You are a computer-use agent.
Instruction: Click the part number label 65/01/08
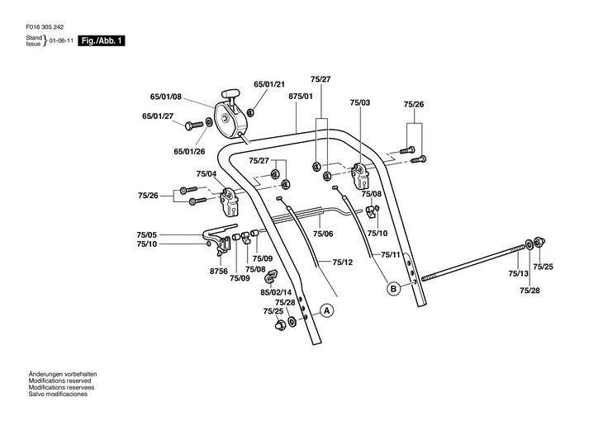166,97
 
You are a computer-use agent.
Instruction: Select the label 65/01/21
268,84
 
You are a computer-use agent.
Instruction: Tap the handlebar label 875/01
301,97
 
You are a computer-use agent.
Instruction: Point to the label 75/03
360,102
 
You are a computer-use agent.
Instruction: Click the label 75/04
207,174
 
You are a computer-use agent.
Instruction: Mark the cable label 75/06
323,234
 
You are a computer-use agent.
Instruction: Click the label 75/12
343,262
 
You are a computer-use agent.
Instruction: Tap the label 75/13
518,273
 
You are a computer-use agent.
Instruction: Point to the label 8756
218,270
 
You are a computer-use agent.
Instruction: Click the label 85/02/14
277,291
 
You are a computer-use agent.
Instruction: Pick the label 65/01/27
158,116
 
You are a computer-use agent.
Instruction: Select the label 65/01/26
189,151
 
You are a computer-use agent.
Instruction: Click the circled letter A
326,311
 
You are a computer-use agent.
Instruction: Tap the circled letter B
394,288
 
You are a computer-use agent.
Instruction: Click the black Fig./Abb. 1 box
102,40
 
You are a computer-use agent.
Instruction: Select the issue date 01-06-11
61,40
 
